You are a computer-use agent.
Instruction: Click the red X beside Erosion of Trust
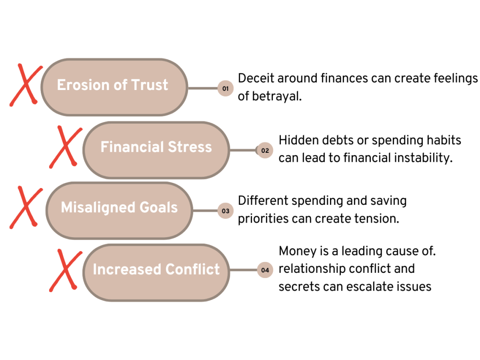[x=25, y=85]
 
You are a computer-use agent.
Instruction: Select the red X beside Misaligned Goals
[x=26, y=207]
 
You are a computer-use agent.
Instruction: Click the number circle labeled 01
[x=225, y=88]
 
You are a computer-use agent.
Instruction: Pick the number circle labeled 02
[x=265, y=150]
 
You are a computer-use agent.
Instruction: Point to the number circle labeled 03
[x=225, y=211]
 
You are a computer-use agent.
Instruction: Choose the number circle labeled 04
[x=265, y=270]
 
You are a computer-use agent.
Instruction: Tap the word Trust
[x=150, y=85]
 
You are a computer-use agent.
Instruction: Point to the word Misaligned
[x=98, y=208]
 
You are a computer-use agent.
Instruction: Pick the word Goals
[x=159, y=208]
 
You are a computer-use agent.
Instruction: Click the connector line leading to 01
[x=202, y=88]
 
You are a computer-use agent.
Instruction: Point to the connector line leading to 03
[x=205, y=211]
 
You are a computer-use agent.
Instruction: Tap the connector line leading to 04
[x=243, y=270]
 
